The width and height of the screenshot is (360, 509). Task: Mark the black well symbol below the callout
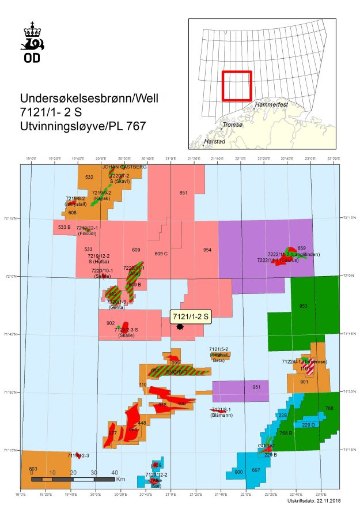point(180,327)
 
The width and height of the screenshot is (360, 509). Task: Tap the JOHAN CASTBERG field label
point(124,167)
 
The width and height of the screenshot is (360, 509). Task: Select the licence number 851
point(183,193)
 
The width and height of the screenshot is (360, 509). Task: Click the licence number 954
point(207,250)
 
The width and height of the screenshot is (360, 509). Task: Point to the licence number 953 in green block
point(304,306)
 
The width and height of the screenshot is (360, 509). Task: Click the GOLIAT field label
point(267,446)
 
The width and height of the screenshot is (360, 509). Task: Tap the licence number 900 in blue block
point(239,472)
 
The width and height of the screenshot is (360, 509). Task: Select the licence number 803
point(33,469)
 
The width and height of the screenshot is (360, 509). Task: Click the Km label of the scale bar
point(120,479)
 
